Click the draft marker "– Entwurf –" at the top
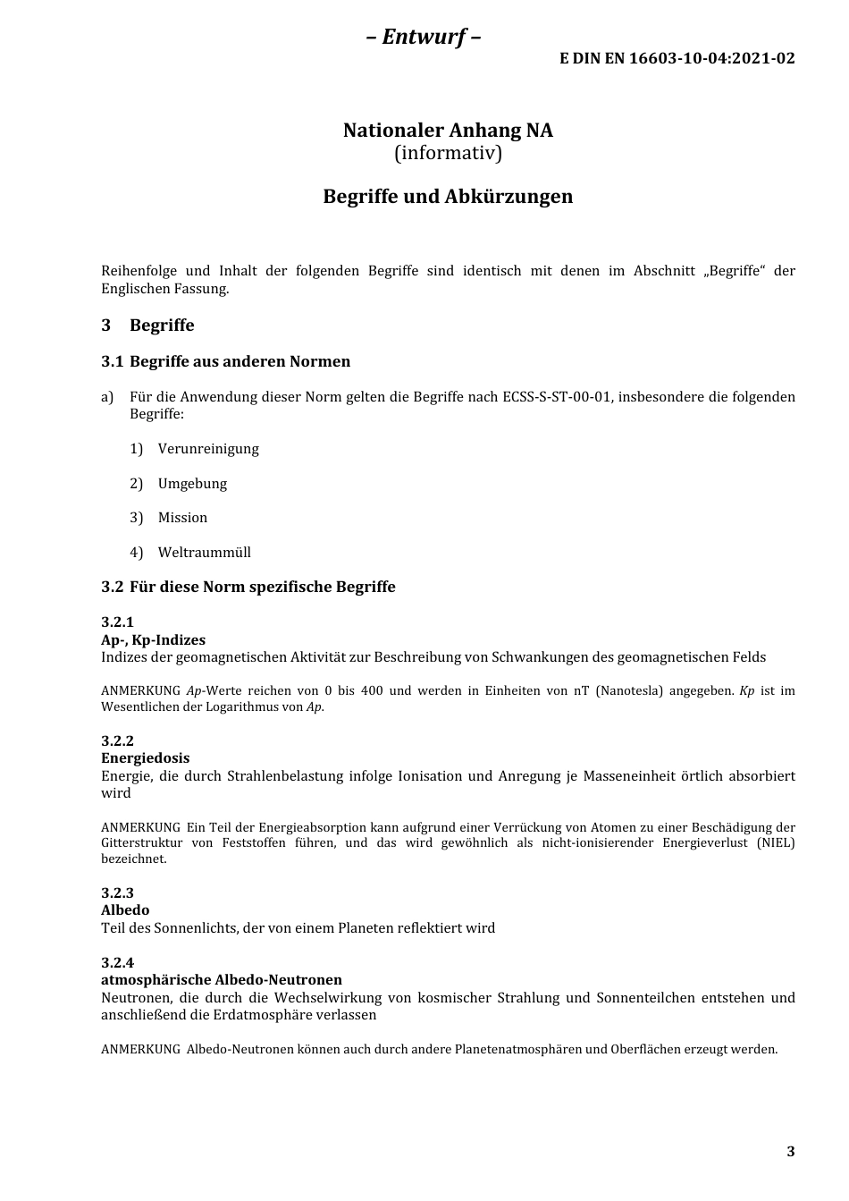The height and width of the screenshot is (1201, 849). pos(424,37)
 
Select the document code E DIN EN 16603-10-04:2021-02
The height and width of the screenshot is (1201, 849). pos(677,59)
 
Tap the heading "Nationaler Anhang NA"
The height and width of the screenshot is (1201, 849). pos(448,131)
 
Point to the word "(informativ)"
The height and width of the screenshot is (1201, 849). pos(448,153)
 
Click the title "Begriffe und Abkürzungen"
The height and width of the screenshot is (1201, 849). pos(448,197)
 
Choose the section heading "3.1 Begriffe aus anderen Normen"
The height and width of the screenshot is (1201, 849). pos(225,361)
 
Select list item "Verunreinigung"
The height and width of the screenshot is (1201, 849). pos(208,449)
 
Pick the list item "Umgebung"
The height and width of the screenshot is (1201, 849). pos(192,484)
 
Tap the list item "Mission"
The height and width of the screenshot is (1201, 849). pos(182,518)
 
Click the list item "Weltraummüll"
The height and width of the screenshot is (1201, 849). pos(204,553)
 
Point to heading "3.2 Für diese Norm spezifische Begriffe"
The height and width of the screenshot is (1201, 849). pos(248,588)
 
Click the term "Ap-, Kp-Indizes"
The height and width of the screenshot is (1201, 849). pos(153,640)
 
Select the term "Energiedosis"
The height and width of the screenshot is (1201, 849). pos(145,758)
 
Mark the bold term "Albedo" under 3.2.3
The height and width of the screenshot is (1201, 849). pos(125,910)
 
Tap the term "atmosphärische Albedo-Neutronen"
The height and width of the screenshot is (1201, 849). pos(222,980)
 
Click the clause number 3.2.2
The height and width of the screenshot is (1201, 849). pos(117,740)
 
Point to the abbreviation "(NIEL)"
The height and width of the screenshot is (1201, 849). pos(775,843)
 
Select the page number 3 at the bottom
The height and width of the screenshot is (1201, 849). pos(790,1152)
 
